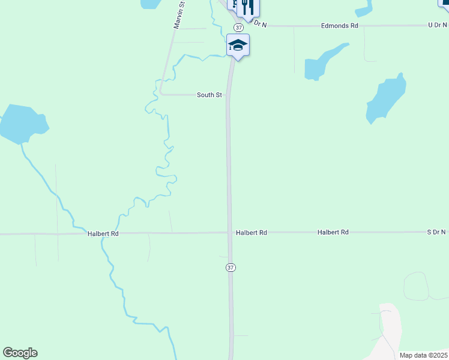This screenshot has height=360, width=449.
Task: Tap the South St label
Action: [x=209, y=95]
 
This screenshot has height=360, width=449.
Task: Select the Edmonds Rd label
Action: [x=339, y=26]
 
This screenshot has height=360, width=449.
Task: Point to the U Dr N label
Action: [x=437, y=25]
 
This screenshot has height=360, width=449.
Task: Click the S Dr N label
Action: [x=436, y=232]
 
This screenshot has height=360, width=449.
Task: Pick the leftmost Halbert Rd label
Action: [x=103, y=233]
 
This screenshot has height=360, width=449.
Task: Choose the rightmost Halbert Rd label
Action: [x=333, y=232]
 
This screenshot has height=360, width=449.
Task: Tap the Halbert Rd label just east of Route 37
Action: [x=251, y=232]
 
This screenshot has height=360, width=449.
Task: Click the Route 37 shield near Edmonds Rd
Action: [x=239, y=28]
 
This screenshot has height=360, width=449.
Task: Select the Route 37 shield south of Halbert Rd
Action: [x=231, y=268]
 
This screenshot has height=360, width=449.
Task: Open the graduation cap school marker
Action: [x=238, y=45]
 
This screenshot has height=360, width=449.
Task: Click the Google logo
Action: [x=20, y=353]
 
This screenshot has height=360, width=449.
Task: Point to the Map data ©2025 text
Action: [x=423, y=355]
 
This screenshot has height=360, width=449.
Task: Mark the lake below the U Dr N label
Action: [x=384, y=99]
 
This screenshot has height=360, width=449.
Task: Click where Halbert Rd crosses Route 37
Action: [x=229, y=232]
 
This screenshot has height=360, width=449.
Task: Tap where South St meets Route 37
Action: [x=228, y=95]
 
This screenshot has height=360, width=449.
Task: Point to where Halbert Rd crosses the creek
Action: [x=104, y=233]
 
